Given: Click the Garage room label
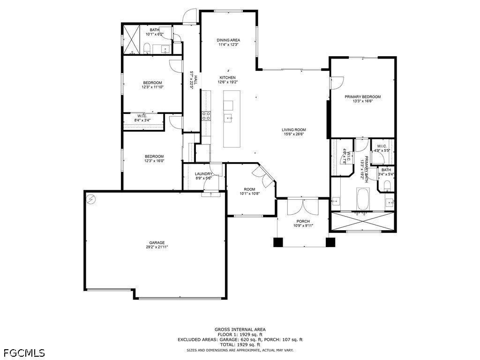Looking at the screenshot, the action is point(157,243).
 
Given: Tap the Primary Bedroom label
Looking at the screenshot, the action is point(363,97).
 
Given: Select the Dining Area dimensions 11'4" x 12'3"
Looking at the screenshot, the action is point(228,45).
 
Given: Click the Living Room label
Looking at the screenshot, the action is point(294,130).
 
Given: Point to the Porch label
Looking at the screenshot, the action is point(303,221).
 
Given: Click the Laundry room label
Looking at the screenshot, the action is point(203,174).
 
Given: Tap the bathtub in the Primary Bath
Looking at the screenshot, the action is point(363,199).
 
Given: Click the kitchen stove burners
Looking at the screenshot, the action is point(206,116).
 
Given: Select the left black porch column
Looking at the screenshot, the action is point(278,242).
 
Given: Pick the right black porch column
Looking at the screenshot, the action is point(330,242).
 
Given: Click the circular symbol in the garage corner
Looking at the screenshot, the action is point(91,200).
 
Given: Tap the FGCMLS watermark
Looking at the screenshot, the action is point(22,353).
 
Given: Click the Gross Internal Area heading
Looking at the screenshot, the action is point(240,330).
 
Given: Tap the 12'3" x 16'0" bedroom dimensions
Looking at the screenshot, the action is point(154,160).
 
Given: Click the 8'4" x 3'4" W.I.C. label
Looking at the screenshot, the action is point(142,118).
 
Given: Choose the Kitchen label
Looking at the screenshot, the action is point(227,78).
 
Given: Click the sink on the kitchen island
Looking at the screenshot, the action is point(228,118).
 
